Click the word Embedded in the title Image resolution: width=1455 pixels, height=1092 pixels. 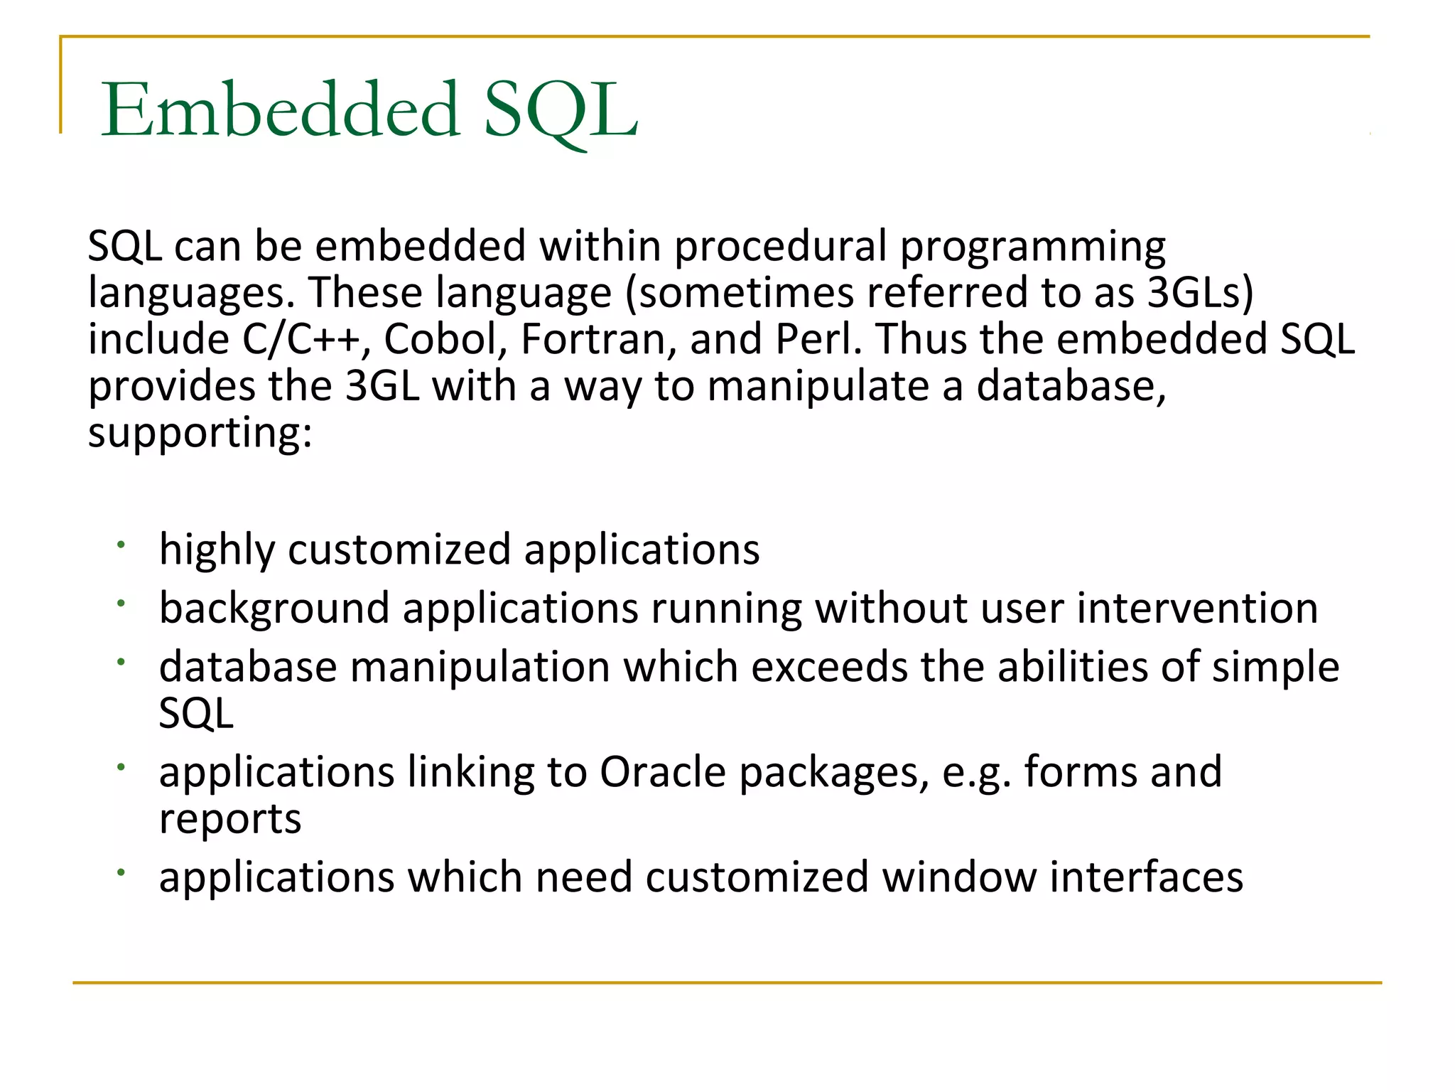(x=281, y=110)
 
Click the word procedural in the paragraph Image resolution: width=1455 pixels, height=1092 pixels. (x=780, y=246)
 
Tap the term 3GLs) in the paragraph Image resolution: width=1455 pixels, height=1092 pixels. (x=1200, y=292)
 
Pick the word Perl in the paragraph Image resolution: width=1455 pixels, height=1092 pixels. (x=817, y=339)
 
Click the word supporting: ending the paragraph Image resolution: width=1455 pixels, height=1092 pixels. (x=200, y=434)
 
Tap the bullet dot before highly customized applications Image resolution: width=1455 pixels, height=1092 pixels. (x=121, y=545)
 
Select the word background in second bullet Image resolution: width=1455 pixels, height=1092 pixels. (x=274, y=609)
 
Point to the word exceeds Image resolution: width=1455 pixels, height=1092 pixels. (x=829, y=668)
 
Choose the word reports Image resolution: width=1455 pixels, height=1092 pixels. (x=230, y=819)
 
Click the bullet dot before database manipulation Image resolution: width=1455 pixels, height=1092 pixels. (x=121, y=662)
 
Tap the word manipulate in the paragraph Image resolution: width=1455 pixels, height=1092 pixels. (x=818, y=387)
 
